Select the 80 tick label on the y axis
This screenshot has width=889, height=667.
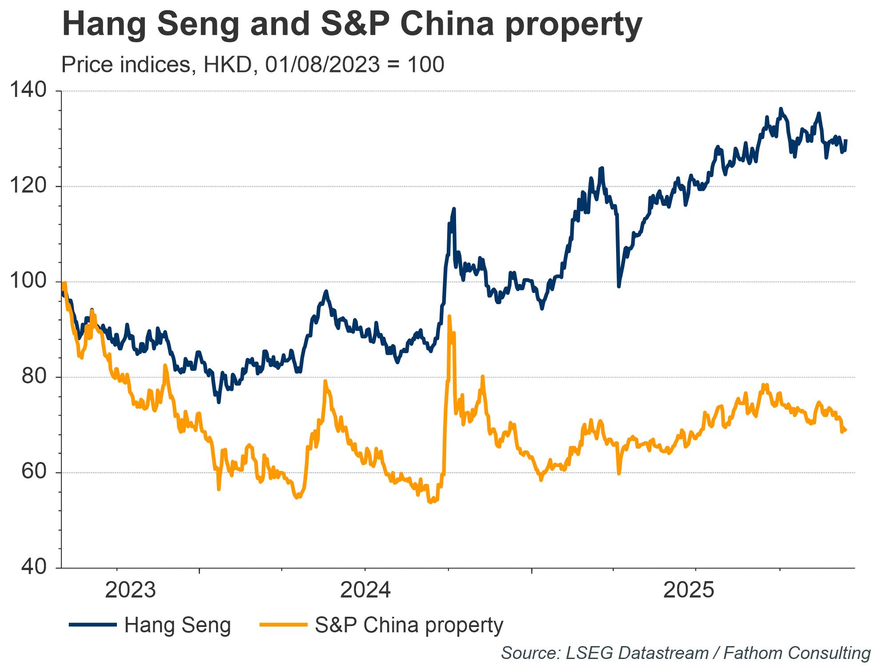click(x=34, y=377)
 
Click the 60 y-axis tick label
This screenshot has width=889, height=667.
click(x=34, y=472)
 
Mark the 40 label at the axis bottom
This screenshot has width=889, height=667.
click(x=34, y=568)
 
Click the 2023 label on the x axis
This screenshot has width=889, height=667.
click(x=130, y=591)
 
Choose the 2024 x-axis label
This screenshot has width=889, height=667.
click(x=365, y=591)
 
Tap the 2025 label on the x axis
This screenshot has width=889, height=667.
click(x=689, y=591)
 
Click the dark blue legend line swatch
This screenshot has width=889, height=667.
click(x=92, y=625)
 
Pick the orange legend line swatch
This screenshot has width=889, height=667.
click(x=283, y=625)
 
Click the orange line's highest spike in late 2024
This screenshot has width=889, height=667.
click(x=449, y=316)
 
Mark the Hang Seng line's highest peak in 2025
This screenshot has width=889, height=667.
click(x=781, y=108)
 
